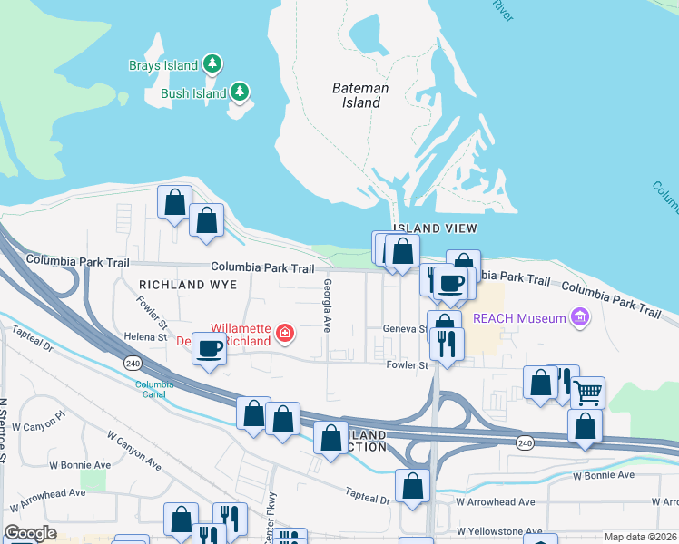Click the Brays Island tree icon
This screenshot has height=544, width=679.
(x=212, y=63)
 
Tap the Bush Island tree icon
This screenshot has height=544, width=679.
(x=240, y=92)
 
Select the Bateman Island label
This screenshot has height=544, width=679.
(x=360, y=95)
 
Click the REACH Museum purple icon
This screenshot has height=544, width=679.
(x=578, y=316)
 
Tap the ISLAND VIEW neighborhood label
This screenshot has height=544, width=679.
(x=435, y=228)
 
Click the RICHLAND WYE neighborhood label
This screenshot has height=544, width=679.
(x=191, y=285)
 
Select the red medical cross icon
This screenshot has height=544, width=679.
(x=285, y=335)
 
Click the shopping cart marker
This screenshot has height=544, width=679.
(x=588, y=392)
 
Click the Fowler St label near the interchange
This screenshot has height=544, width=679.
(x=407, y=365)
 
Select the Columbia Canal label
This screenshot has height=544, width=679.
(x=154, y=389)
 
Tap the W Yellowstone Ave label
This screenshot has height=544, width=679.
(x=499, y=531)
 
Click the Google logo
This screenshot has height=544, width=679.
(x=30, y=534)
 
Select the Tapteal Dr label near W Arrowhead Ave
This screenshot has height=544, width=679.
(x=367, y=494)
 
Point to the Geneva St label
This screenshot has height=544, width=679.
(x=405, y=329)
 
